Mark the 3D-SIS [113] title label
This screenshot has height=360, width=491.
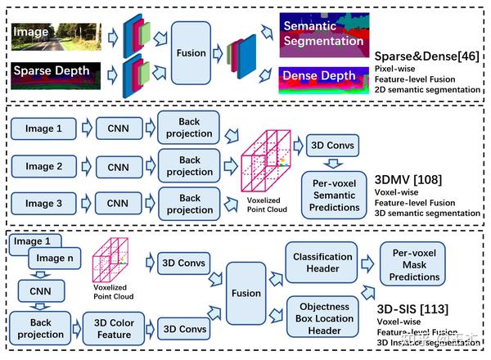[426, 312]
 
